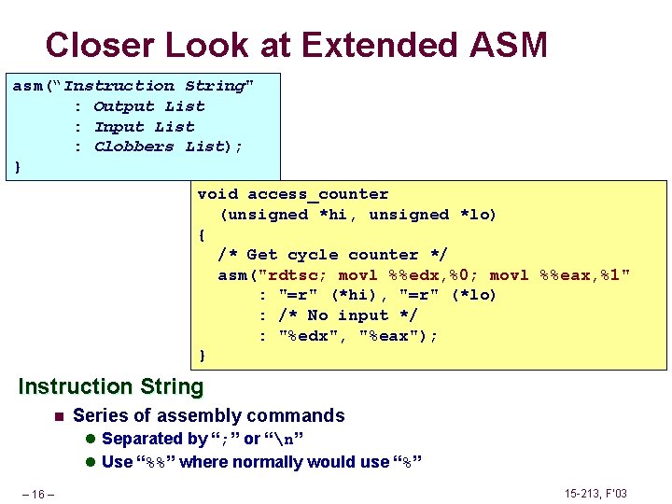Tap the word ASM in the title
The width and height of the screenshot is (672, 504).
(510, 44)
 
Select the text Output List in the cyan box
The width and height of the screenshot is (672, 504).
(149, 106)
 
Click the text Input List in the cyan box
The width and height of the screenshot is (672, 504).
(145, 127)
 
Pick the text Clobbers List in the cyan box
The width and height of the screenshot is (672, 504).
(160, 147)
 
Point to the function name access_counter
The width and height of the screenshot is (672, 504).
(317, 194)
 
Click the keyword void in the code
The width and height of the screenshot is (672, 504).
(217, 194)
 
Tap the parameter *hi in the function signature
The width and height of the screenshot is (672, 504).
(338, 215)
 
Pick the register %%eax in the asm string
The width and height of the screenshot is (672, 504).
(570, 275)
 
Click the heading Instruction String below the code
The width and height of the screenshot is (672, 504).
(110, 386)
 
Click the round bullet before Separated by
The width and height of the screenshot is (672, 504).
(91, 439)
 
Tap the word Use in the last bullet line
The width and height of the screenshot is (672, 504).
(117, 462)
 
